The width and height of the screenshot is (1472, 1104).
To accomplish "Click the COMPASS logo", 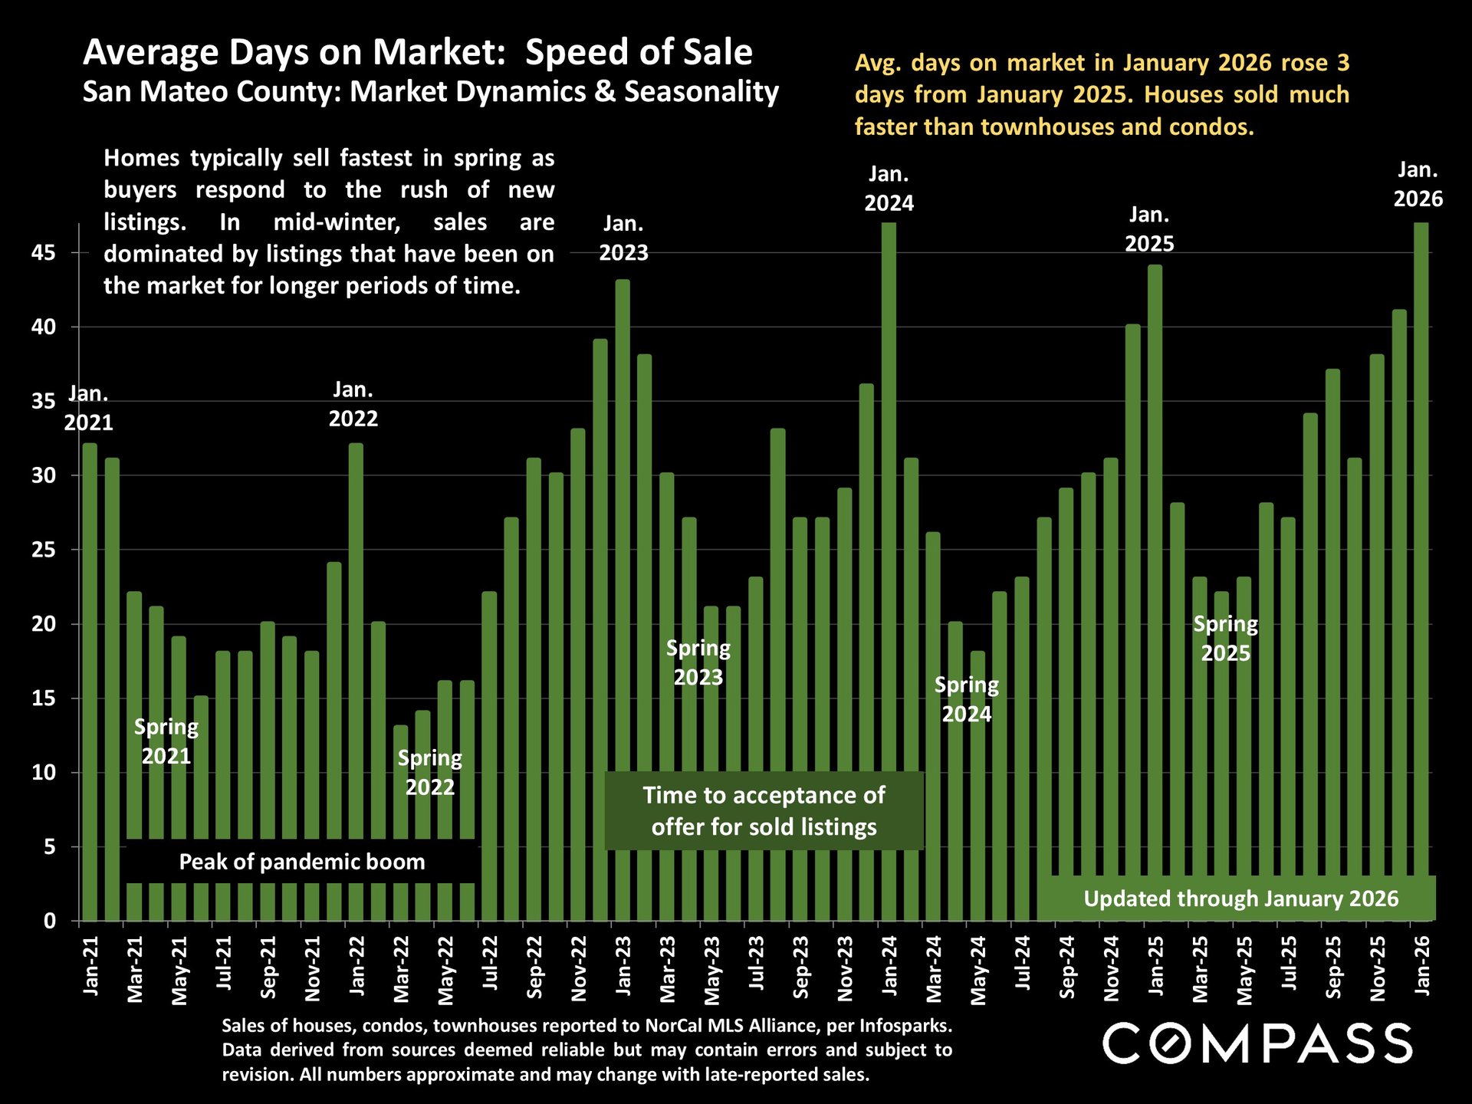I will pyautogui.click(x=1257, y=1043).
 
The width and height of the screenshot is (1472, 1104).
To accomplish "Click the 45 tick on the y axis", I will pyautogui.click(x=44, y=252).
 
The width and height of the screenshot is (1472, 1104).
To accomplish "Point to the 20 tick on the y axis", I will pyautogui.click(x=44, y=624).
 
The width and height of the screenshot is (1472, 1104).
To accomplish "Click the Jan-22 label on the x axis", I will pyautogui.click(x=356, y=966).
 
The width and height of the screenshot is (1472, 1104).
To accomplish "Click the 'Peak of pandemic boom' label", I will pyautogui.click(x=301, y=862).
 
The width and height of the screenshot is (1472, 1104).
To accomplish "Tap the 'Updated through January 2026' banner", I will pyautogui.click(x=1240, y=899).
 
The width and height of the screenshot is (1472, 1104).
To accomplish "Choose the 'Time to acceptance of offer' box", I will pyautogui.click(x=764, y=811).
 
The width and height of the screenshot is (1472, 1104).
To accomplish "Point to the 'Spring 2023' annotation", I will pyautogui.click(x=698, y=662).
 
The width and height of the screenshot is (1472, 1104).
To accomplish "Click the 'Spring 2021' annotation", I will pyautogui.click(x=166, y=741).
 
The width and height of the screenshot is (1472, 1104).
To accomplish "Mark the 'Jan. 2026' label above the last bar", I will pyautogui.click(x=1418, y=185).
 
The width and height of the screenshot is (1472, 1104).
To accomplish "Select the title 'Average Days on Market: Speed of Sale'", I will pyautogui.click(x=418, y=52).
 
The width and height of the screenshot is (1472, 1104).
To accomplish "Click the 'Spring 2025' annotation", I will pyautogui.click(x=1225, y=639).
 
